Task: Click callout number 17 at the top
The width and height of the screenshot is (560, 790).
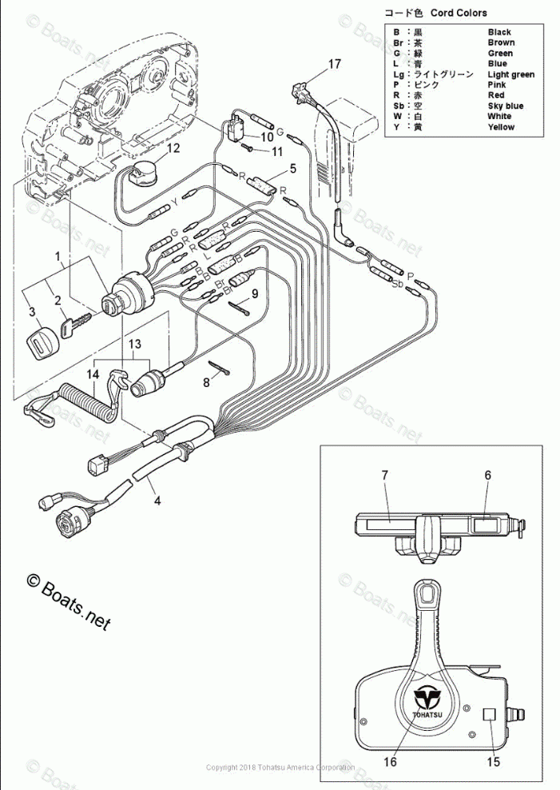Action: tap(334, 63)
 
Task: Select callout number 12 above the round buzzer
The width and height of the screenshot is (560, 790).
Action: tap(173, 148)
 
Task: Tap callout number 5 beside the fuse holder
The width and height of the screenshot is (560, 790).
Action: tap(292, 168)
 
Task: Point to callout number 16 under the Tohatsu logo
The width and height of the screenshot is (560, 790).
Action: tap(390, 762)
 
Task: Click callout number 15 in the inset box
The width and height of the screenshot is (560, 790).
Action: tap(494, 762)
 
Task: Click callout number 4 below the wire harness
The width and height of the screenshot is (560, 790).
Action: tap(157, 501)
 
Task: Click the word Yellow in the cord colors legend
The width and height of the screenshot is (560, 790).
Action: tap(501, 127)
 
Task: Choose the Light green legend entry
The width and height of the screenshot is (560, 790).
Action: tap(510, 74)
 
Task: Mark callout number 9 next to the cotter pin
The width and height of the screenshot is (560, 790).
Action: tap(254, 293)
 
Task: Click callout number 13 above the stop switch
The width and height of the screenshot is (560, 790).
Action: tap(135, 344)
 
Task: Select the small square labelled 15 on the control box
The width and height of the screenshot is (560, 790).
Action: tap(491, 715)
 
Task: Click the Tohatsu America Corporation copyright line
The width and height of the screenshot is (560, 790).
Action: tap(280, 768)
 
